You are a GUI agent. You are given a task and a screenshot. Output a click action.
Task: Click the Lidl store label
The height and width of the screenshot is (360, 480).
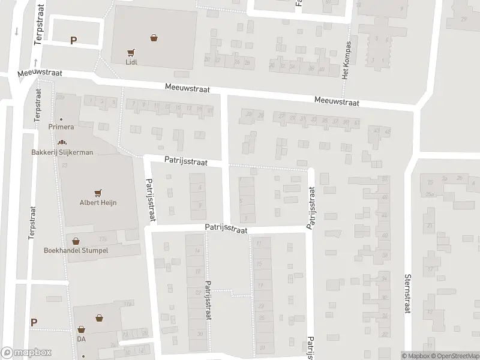coord(131,61)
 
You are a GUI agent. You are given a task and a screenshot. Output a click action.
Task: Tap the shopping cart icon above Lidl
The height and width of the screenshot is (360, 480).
coord(131,52)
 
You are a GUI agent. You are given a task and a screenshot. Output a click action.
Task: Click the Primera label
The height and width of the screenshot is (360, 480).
coord(61,127)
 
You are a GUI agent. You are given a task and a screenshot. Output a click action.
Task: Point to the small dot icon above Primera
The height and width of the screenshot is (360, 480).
coord(61,119)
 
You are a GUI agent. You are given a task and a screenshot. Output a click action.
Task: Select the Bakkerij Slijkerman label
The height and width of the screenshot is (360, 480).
coord(62,152)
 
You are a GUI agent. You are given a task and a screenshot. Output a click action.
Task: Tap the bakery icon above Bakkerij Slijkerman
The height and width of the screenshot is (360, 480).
coord(62,143)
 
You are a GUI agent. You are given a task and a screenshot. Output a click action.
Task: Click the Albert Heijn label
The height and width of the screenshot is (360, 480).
coord(98,203)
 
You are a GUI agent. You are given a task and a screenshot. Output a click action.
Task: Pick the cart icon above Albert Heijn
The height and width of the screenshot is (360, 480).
coord(98,193)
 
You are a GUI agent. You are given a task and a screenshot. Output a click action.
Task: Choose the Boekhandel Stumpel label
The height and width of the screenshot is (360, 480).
coord(76,250)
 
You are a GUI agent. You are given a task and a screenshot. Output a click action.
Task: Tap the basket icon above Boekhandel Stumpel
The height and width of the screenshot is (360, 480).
coord(76,241)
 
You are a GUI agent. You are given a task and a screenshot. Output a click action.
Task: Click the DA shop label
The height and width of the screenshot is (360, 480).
coord(82,339)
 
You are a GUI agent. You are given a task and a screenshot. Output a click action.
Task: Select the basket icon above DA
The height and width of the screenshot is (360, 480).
coord(82,329)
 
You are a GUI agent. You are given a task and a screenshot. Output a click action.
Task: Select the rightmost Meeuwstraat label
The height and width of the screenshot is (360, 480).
coord(337,103)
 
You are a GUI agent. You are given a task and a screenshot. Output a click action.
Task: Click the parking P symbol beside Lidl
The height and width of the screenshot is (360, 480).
coord(74,41)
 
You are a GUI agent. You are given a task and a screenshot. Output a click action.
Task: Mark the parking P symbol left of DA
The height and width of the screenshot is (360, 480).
coord(34,322)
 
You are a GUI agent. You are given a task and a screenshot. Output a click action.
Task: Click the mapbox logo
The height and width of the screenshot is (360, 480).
coord(26,353)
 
